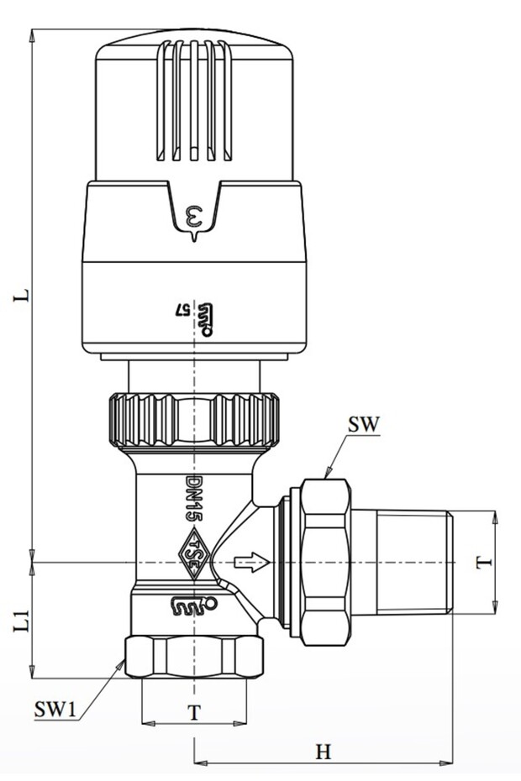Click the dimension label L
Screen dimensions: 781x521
tap(24, 296)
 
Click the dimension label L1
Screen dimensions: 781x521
tap(24, 621)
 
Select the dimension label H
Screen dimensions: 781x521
tap(323, 752)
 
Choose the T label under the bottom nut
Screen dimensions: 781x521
tap(194, 712)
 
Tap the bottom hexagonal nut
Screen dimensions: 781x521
tap(194, 657)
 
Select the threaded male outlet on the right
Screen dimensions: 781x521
tap(412, 561)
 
